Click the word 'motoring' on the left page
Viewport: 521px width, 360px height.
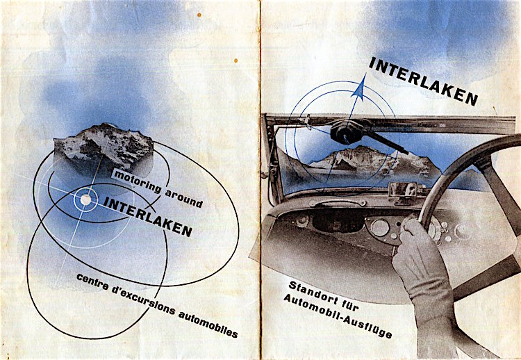(x=138, y=182)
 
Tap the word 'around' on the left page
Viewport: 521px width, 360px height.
(x=184, y=198)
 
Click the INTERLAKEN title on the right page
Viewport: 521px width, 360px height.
(x=423, y=81)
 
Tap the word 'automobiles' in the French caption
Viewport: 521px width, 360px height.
(x=208, y=325)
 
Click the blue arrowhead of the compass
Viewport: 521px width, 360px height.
(x=360, y=87)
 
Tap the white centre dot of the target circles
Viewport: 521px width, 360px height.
(x=85, y=199)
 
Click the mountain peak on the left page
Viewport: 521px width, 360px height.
(x=104, y=145)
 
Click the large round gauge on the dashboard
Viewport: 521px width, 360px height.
(x=380, y=228)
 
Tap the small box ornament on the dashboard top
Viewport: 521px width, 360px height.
(x=404, y=192)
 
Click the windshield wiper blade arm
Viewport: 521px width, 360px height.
(x=387, y=142)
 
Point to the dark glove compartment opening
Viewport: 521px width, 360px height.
(x=338, y=220)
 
